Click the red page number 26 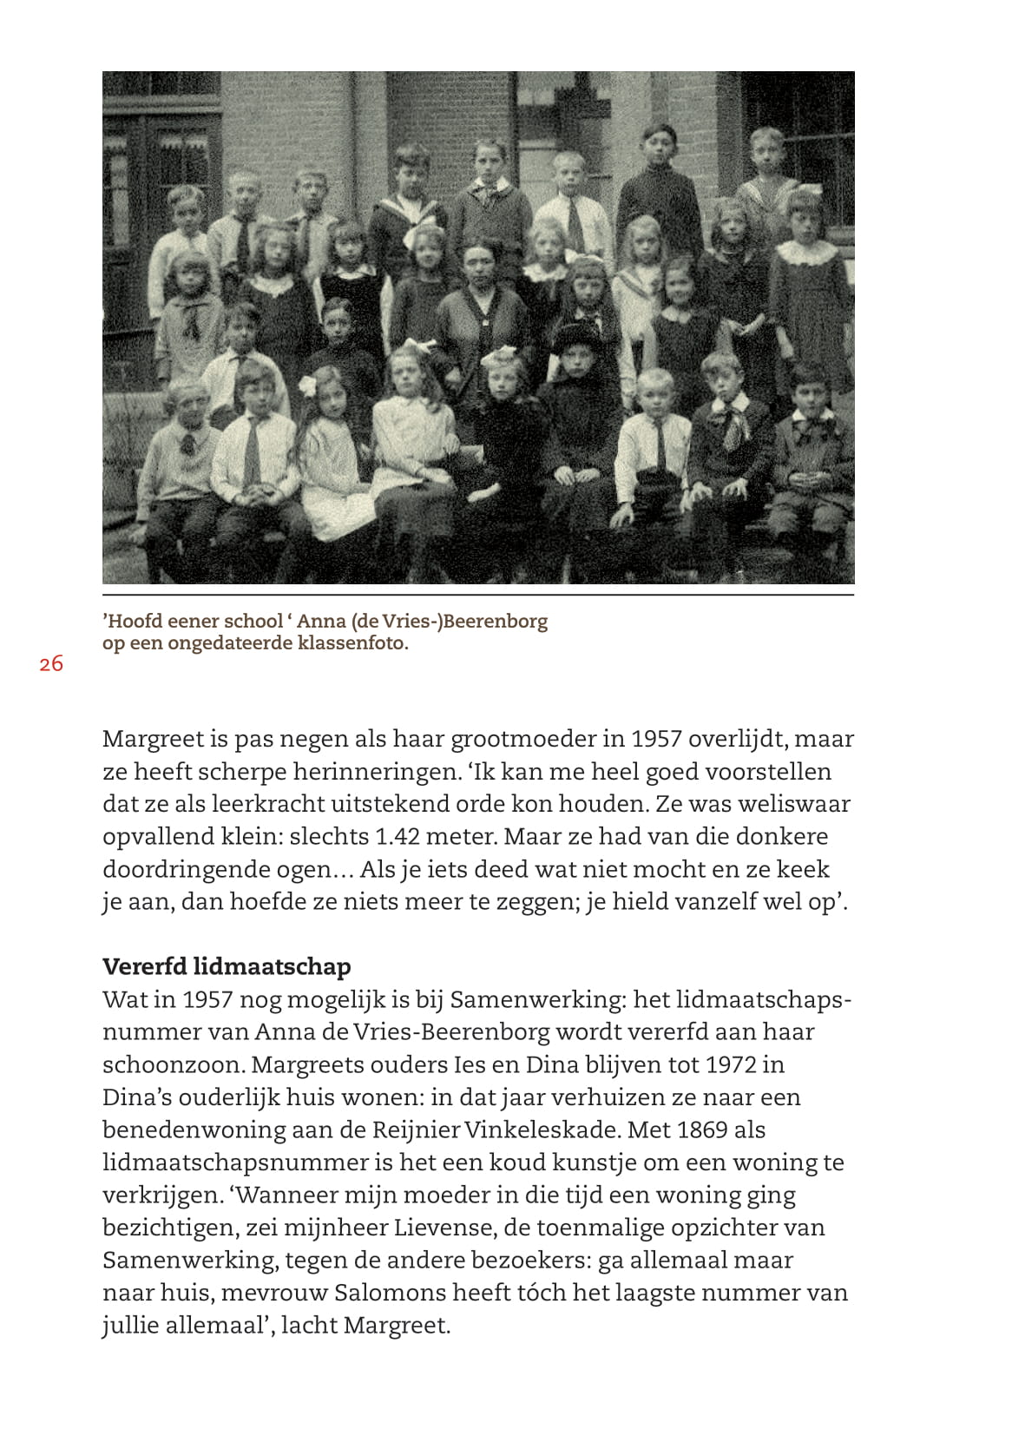(x=51, y=664)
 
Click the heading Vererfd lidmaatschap (x=227, y=966)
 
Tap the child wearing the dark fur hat (x=577, y=365)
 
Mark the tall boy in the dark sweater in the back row (x=659, y=187)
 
